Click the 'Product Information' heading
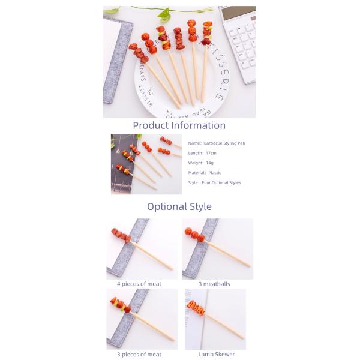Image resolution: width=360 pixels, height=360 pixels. [x=179, y=125]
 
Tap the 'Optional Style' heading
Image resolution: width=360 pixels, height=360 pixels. [x=179, y=206]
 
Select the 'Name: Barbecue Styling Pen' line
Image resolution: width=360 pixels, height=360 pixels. [x=217, y=143]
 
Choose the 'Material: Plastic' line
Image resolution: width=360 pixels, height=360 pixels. [x=205, y=172]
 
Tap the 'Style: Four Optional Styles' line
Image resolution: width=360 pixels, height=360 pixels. [x=214, y=182]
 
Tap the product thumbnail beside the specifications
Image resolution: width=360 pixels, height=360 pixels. [x=146, y=164]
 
